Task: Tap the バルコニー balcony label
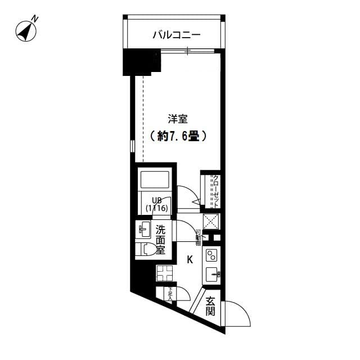coord(176,35)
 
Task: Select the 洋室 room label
coord(177,119)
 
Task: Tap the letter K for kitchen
coord(190,259)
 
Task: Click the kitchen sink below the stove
coord(211,275)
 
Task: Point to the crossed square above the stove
coord(211,220)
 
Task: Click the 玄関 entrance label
coord(210,306)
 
